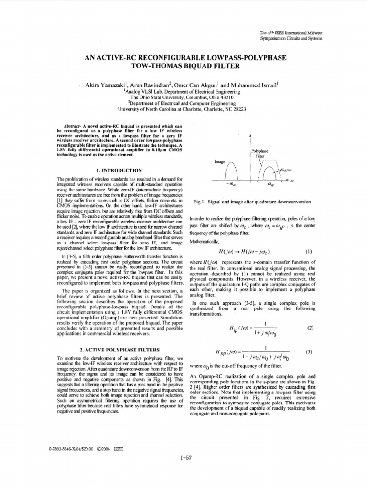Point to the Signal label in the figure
pos(287,170)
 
